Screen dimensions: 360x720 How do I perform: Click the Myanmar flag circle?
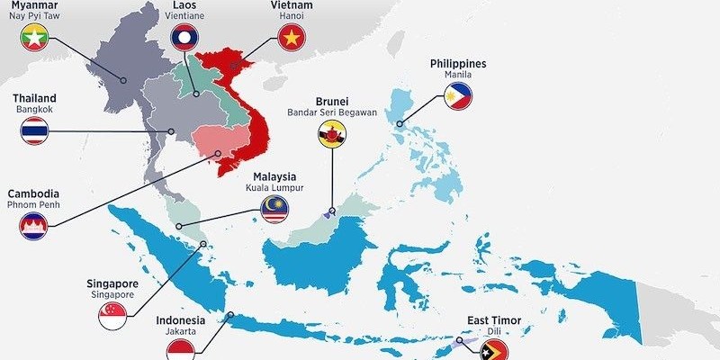coord(34,38)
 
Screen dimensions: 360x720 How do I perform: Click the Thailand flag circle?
coord(34,130)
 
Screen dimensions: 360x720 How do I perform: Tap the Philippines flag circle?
coord(458,96)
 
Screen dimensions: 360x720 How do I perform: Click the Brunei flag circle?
coord(331,135)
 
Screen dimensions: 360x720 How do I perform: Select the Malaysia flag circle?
coord(274,211)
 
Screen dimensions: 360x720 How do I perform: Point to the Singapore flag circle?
coord(112,315)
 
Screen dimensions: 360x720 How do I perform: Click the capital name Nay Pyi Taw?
coord(34,15)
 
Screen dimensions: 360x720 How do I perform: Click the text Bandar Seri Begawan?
coord(331,112)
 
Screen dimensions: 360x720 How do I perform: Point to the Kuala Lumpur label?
coord(274,188)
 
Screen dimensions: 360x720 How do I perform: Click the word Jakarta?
coord(180,331)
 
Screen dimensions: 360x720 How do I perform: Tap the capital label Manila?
coord(458,75)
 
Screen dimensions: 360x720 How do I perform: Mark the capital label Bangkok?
coord(34,109)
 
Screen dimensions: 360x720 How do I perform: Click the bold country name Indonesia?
coord(180,319)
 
